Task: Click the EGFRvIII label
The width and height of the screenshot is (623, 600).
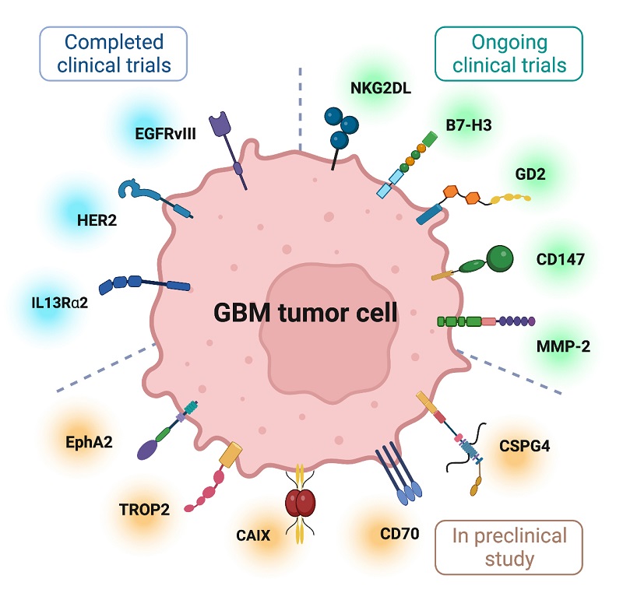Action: (x=164, y=132)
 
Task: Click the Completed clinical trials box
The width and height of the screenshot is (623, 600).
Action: (x=115, y=53)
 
